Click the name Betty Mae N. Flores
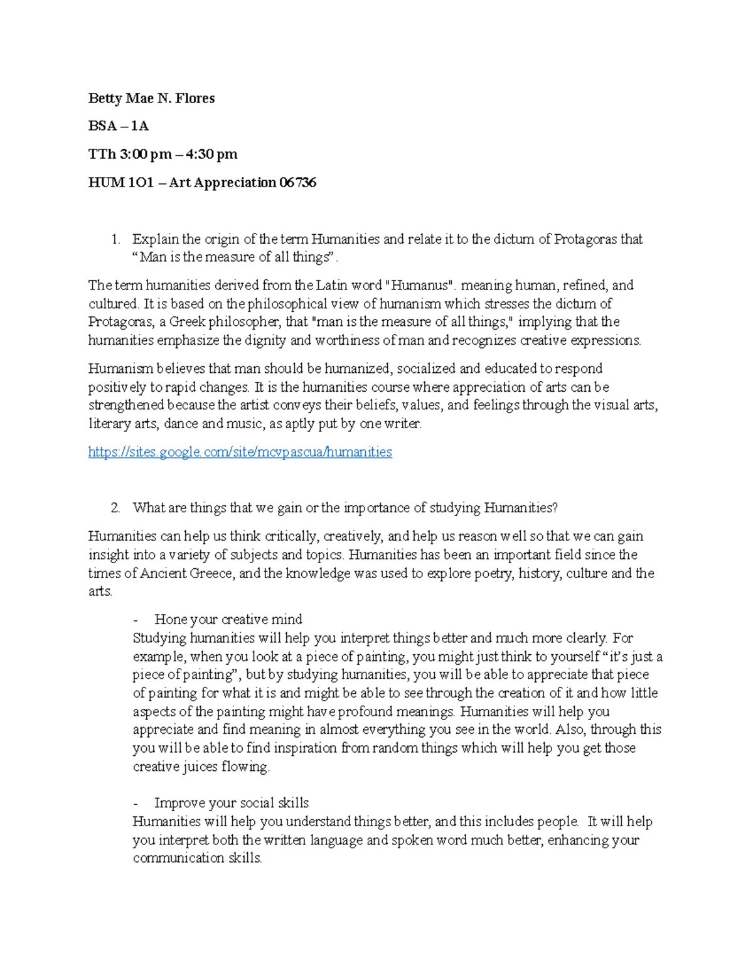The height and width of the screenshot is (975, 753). pyautogui.click(x=151, y=99)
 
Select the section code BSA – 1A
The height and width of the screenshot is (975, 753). pyautogui.click(x=118, y=126)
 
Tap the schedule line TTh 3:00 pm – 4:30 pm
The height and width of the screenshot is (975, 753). pyautogui.click(x=163, y=154)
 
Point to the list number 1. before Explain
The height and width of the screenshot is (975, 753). pyautogui.click(x=115, y=239)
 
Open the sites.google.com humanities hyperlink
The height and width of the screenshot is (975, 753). pyautogui.click(x=240, y=452)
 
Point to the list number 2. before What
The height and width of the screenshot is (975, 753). pyautogui.click(x=115, y=508)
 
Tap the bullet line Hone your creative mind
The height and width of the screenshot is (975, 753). pyautogui.click(x=228, y=620)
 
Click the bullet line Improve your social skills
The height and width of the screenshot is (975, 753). pyautogui.click(x=231, y=803)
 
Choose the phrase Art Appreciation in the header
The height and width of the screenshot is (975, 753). pyautogui.click(x=223, y=183)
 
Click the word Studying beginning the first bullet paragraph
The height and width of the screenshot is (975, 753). pyautogui.click(x=159, y=638)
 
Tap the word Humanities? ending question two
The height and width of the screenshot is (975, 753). pyautogui.click(x=520, y=508)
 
